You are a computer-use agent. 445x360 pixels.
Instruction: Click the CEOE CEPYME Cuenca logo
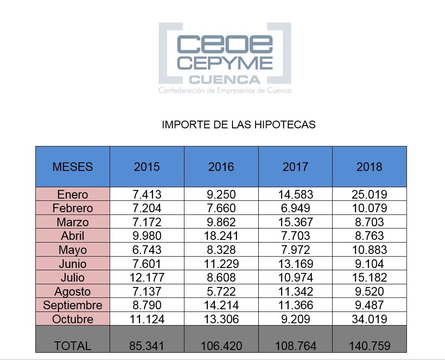[x=224, y=58]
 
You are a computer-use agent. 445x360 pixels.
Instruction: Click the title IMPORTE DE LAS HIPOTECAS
[x=238, y=125]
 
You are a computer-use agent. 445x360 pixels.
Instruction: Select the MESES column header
[x=73, y=166]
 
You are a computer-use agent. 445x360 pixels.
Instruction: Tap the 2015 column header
[x=147, y=166]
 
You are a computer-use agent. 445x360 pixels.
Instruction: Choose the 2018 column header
[x=369, y=166]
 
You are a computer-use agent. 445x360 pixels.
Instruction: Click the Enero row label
[x=73, y=195]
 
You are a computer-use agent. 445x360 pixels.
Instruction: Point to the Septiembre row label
[x=73, y=305]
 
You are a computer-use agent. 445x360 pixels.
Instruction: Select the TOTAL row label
[x=73, y=345]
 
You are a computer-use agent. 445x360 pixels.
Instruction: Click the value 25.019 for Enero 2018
[x=369, y=195]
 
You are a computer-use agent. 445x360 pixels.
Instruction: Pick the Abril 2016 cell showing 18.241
[x=221, y=236]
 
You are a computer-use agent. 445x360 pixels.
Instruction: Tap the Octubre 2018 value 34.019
[x=369, y=319]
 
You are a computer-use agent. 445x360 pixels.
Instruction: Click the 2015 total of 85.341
[x=147, y=345]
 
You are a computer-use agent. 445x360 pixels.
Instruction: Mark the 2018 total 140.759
[x=369, y=345]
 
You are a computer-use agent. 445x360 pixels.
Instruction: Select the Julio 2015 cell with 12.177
[x=147, y=277]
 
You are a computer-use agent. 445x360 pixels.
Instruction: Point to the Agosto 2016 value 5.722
[x=221, y=292]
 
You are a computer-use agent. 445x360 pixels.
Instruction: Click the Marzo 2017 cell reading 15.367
[x=295, y=222]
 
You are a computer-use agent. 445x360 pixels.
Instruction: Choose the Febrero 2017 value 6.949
[x=295, y=208]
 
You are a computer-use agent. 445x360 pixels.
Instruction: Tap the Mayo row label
[x=73, y=250]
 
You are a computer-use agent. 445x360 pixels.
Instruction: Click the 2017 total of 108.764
[x=295, y=345]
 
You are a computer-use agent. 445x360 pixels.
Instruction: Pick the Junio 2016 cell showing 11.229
[x=221, y=264]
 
